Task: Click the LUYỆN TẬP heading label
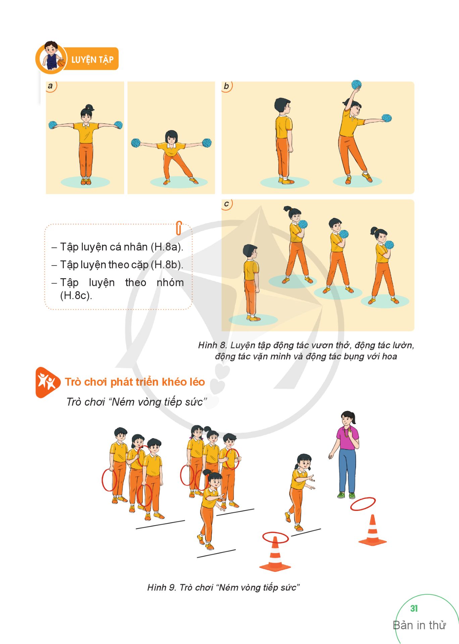pyautogui.click(x=92, y=60)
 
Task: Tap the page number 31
pyautogui.click(x=414, y=608)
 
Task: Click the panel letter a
pyautogui.click(x=50, y=86)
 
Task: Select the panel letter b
pyautogui.click(x=226, y=86)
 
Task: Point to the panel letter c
pyautogui.click(x=226, y=204)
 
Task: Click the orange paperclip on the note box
pyautogui.click(x=178, y=228)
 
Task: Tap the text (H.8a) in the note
pyautogui.click(x=167, y=247)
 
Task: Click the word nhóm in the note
pyautogui.click(x=170, y=283)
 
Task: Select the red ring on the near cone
pyautogui.click(x=275, y=537)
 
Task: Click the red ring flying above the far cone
pyautogui.click(x=363, y=504)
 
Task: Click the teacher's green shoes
pyautogui.click(x=347, y=495)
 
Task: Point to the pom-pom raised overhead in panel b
pyautogui.click(x=356, y=84)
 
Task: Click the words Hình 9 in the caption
pyautogui.click(x=161, y=587)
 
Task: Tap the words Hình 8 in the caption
pyautogui.click(x=212, y=345)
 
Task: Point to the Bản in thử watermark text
pyautogui.click(x=419, y=625)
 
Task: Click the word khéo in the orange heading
pyautogui.click(x=174, y=382)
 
